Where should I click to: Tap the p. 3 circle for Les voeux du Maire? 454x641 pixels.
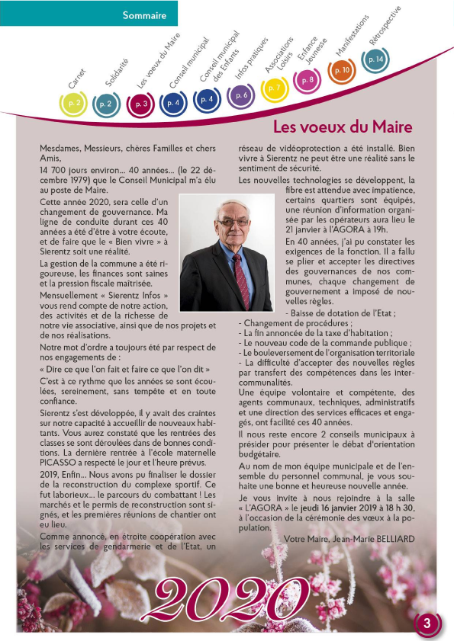pos(140,104)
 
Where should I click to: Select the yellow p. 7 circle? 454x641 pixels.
pos(274,88)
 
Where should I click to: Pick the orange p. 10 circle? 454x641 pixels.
pos(341,71)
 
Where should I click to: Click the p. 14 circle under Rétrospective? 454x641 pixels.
pos(375,59)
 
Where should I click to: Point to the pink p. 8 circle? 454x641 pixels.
pos(307,80)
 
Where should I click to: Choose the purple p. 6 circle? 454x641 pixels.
pos(240,95)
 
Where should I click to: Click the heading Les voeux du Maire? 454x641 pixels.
pos(343,126)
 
